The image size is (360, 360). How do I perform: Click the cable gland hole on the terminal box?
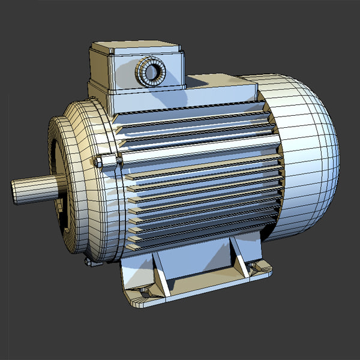(152, 72)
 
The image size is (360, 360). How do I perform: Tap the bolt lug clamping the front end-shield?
(107, 161)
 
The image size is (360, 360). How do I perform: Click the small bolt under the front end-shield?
(89, 262)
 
